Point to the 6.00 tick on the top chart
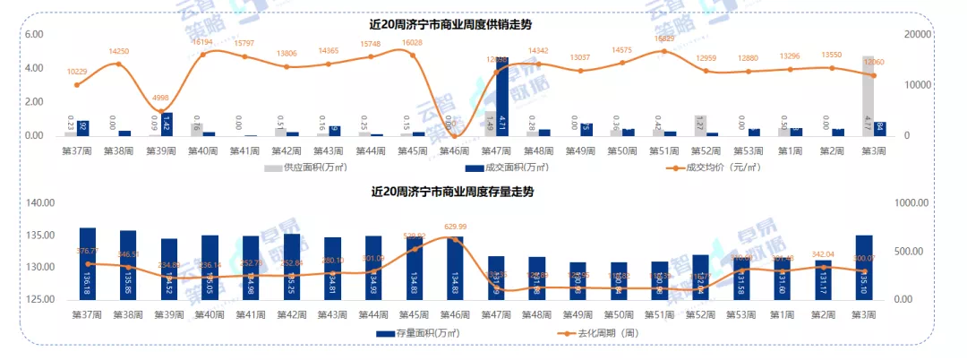coord(34,35)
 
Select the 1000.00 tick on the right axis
coord(916,203)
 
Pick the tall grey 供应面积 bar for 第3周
coord(868,96)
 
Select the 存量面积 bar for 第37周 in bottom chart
coord(88,264)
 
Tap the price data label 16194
coord(202,42)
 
